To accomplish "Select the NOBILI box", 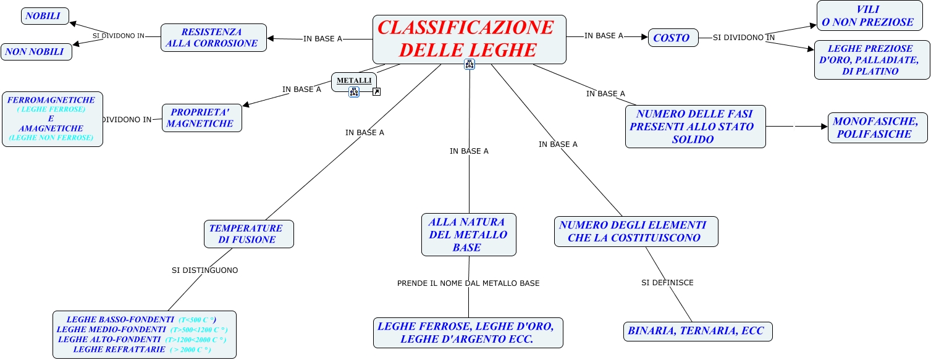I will pyautogui.click(x=44, y=16).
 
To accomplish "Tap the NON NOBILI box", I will pyautogui.click(x=36, y=52).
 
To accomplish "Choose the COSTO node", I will pyautogui.click(x=673, y=38).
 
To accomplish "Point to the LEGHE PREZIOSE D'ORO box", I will pyautogui.click(x=872, y=60).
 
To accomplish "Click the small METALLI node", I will pyautogui.click(x=354, y=81).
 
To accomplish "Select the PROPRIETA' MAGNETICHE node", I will pyautogui.click(x=201, y=118).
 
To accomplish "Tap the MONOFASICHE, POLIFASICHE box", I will pyautogui.click(x=877, y=128).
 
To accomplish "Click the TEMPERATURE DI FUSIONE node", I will pyautogui.click(x=248, y=234).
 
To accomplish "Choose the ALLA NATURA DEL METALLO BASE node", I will pyautogui.click(x=468, y=235).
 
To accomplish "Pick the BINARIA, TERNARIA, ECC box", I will pyautogui.click(x=697, y=331).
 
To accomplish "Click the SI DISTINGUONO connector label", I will pyautogui.click(x=204, y=270).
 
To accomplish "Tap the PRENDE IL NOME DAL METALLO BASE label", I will pyautogui.click(x=468, y=283).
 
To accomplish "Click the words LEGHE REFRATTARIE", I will pyautogui.click(x=116, y=350).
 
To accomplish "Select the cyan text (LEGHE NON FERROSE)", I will pyautogui.click(x=51, y=138).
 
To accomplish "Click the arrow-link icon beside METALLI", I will pyautogui.click(x=376, y=92).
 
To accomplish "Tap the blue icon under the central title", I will pyautogui.click(x=470, y=64).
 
